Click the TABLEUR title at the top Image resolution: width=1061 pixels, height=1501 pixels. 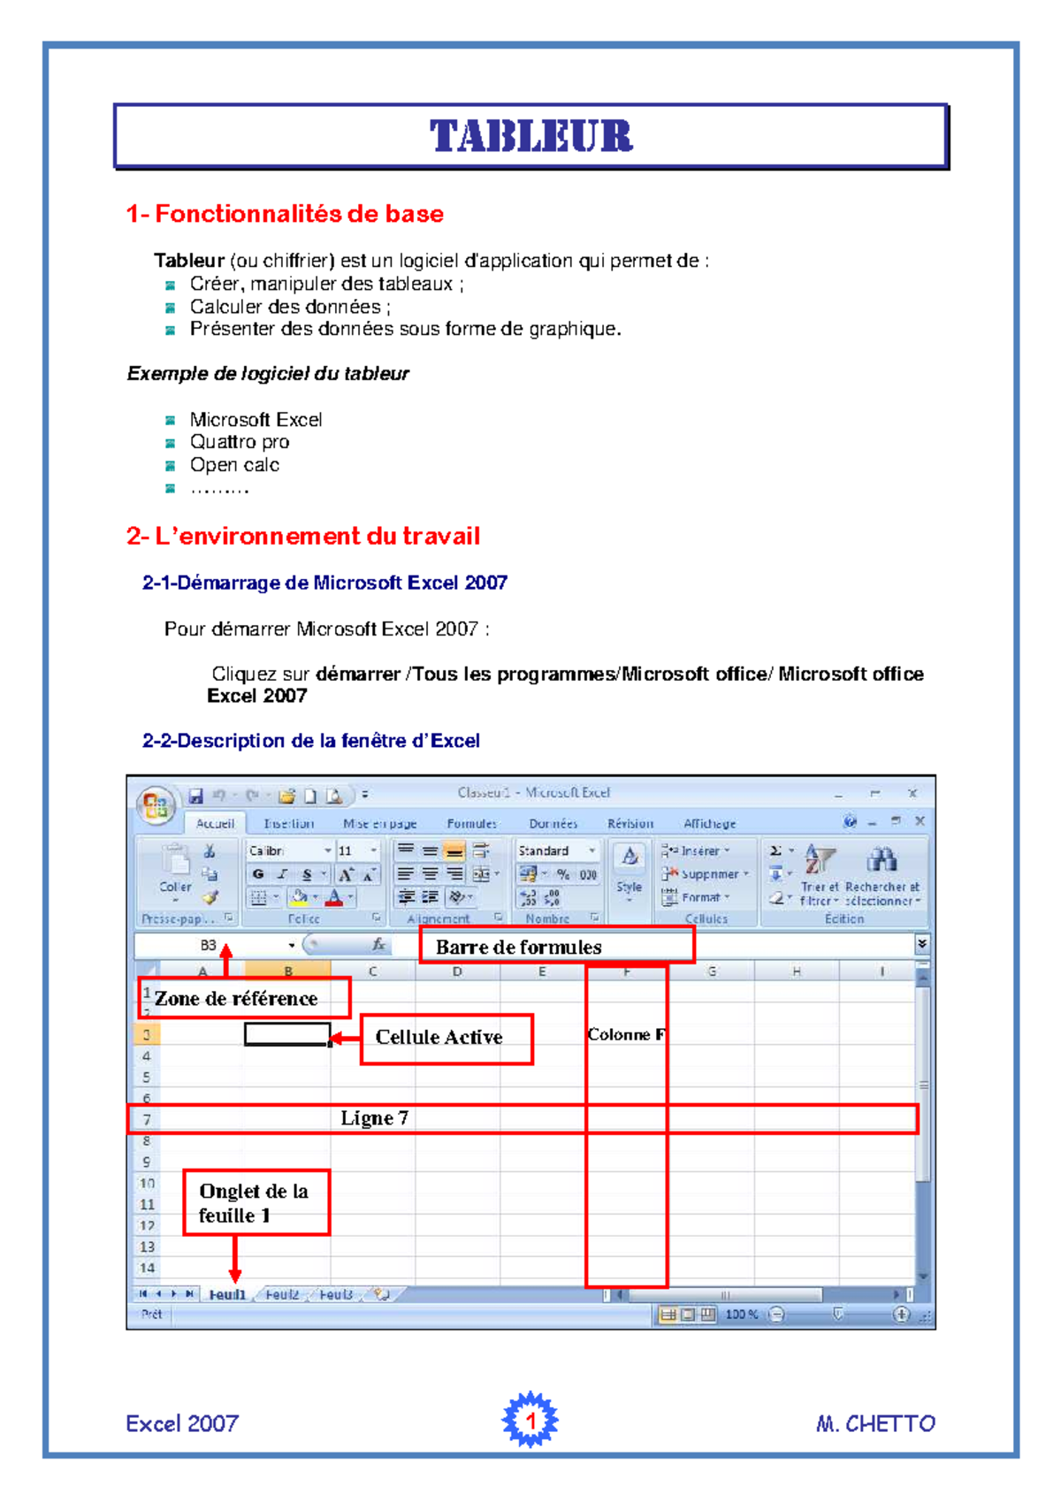pos(531,136)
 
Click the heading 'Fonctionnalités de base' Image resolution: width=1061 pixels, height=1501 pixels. pos(285,214)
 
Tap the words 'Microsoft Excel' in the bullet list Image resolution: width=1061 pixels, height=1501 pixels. pos(256,420)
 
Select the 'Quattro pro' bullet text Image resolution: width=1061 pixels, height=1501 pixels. pos(240,442)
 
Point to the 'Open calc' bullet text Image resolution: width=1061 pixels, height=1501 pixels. pos(234,465)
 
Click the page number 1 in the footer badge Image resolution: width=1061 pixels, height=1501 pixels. pos(530,1421)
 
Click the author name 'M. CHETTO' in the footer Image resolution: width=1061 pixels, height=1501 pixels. pos(875,1423)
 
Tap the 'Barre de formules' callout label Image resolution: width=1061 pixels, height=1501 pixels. pos(519,947)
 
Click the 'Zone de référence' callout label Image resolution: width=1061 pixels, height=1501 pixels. pos(236,999)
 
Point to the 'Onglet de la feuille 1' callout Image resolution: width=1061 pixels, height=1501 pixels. pos(254,1203)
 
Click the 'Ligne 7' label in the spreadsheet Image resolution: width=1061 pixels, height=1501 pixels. pos(375,1118)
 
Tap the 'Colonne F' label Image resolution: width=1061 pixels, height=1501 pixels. pos(626,1034)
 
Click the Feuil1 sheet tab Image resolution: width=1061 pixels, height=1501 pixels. pos(227,1295)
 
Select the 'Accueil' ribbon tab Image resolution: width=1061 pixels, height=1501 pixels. pos(215,824)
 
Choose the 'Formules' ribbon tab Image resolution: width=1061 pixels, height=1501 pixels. pos(471,824)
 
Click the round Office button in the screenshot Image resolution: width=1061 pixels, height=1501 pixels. pos(156,806)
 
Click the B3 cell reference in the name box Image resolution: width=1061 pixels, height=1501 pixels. pos(209,945)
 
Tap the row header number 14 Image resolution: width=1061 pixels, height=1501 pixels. pos(147,1268)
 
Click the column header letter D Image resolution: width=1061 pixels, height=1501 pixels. pos(457,971)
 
